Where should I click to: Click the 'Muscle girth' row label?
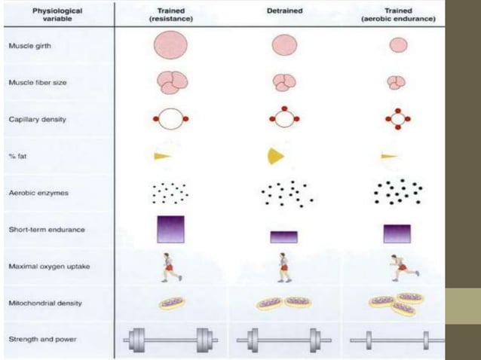coord(30,46)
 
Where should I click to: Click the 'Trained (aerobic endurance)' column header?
coord(397,15)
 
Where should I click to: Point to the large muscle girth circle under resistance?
coord(170,45)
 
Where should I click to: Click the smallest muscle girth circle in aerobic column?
coord(398,45)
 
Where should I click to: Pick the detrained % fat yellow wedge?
coord(274,156)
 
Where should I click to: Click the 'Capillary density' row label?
coord(36,119)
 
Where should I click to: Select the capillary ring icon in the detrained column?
coord(285,119)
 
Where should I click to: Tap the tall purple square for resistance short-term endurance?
coord(170,229)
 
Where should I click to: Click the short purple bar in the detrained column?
coord(284,236)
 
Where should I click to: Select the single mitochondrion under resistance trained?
coord(171,303)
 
